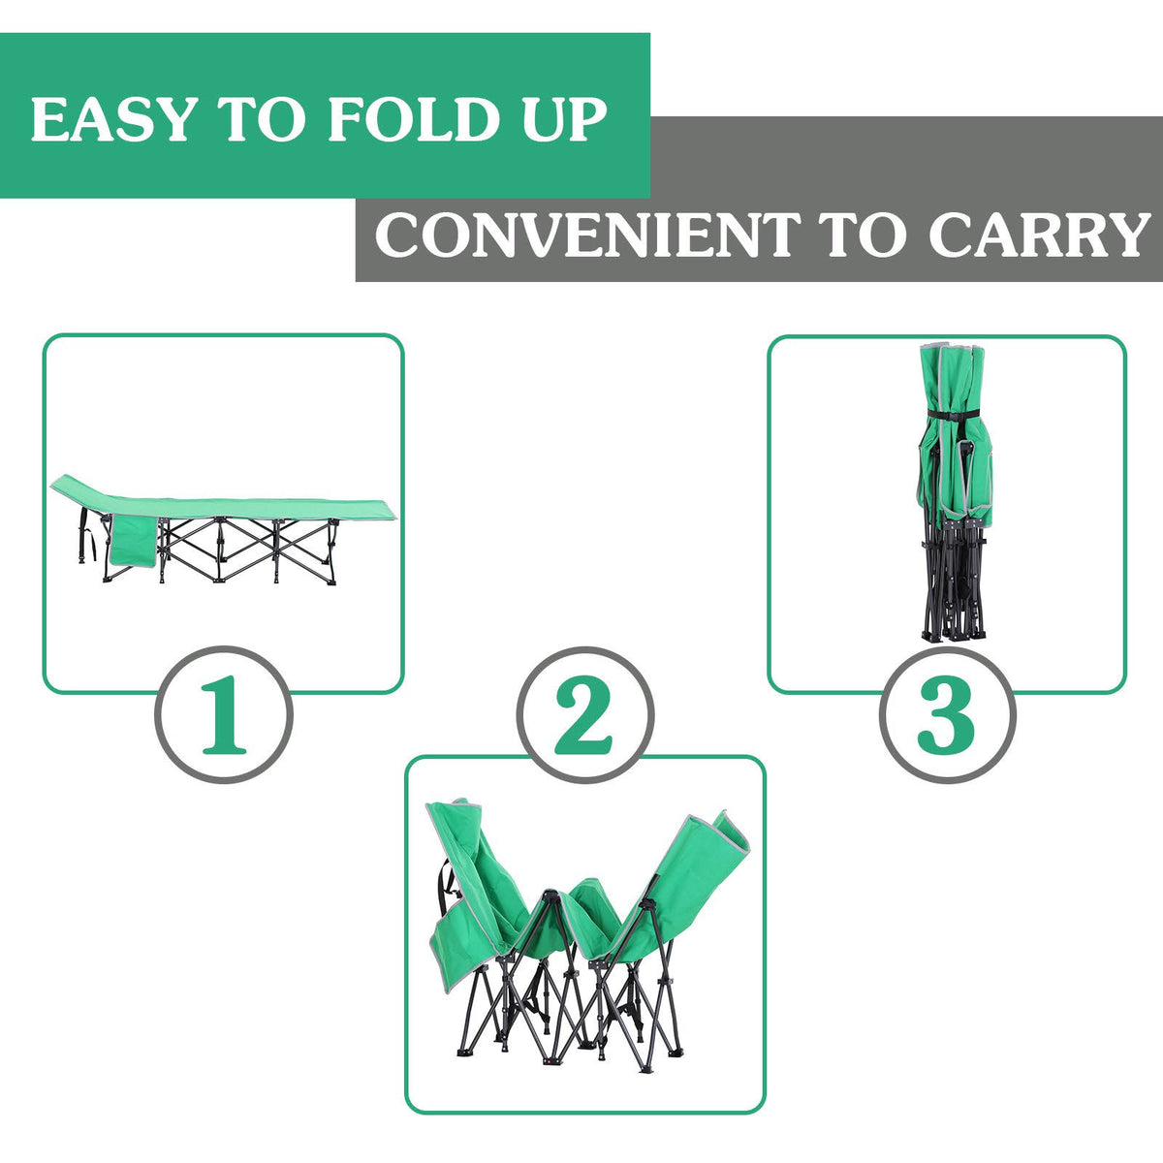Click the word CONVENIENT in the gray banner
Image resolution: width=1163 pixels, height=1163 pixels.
click(x=587, y=235)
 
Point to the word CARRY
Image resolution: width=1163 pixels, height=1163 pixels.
click(x=1039, y=235)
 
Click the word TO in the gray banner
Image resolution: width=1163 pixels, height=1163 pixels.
click(x=864, y=235)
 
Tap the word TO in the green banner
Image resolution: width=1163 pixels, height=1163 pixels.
click(x=261, y=119)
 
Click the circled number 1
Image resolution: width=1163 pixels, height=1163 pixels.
click(x=224, y=714)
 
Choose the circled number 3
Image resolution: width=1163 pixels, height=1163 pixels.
click(x=947, y=714)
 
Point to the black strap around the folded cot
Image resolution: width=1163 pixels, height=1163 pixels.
click(x=954, y=415)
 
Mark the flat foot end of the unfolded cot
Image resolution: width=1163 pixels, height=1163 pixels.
click(x=338, y=510)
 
